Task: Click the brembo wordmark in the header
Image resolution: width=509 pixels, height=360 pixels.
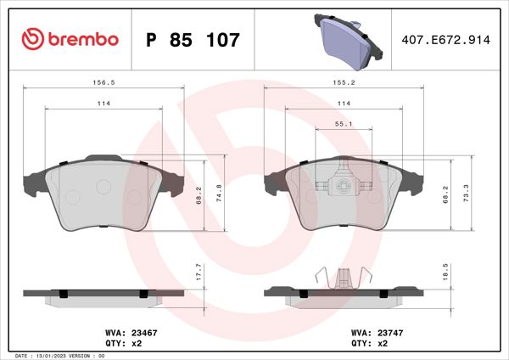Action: pyautogui.click(x=83, y=39)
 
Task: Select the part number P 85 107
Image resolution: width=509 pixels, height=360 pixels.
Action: pyautogui.click(x=193, y=40)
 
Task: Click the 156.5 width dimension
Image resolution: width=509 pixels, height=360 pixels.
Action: pyautogui.click(x=103, y=84)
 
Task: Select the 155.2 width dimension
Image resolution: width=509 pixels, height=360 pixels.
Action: pyautogui.click(x=344, y=84)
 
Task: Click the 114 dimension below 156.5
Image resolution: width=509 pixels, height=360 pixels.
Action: pyautogui.click(x=103, y=104)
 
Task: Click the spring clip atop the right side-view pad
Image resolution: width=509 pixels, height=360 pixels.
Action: pyautogui.click(x=344, y=275)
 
